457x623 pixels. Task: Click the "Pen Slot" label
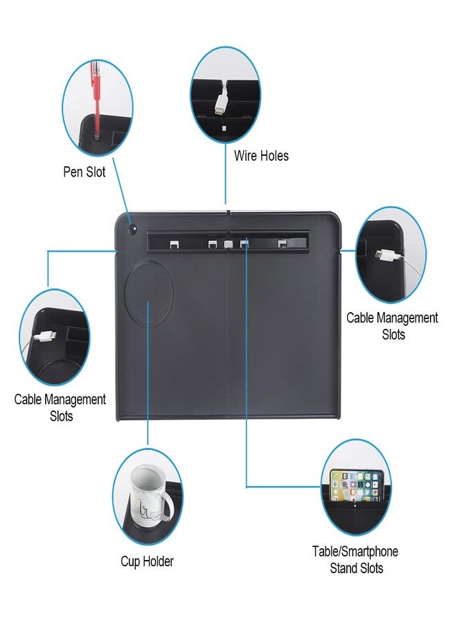84,172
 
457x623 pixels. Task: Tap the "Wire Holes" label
261,156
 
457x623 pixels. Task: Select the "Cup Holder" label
147,561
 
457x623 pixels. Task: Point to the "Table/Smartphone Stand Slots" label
355,560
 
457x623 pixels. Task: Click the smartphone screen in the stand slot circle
357,488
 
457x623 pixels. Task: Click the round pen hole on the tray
132,229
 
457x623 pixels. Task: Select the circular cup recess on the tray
149,293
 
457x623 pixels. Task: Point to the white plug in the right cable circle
386,255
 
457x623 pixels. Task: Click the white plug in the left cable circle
44,337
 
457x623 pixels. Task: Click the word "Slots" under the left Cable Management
61,417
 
